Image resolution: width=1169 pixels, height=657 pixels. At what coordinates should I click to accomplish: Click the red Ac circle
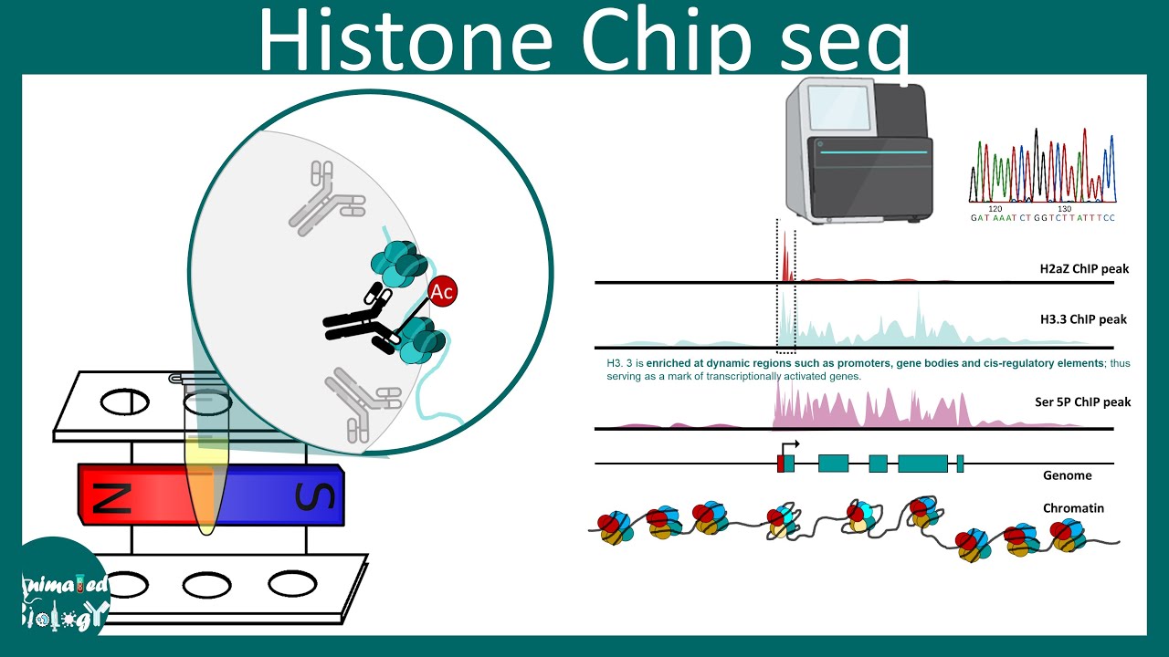click(442, 292)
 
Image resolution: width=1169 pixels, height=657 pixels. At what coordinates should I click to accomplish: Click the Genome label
click(1067, 475)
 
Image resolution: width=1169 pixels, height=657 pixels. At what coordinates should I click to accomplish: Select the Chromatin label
click(1073, 507)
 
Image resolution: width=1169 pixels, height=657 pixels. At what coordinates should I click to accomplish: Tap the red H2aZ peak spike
click(785, 260)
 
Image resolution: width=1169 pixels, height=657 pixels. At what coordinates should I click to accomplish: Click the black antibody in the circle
click(361, 321)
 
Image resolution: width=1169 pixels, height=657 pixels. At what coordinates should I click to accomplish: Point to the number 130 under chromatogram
click(1064, 209)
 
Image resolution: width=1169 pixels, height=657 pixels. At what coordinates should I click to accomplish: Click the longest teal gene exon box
click(922, 464)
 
